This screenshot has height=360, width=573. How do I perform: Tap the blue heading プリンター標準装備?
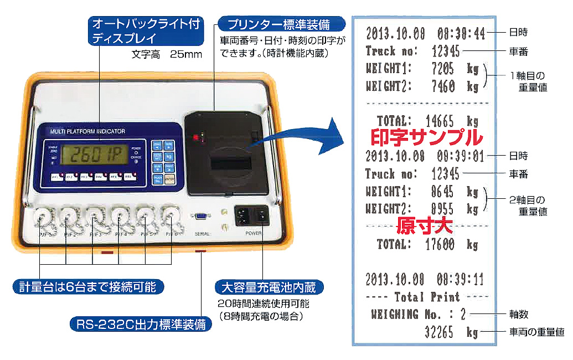coord(282,24)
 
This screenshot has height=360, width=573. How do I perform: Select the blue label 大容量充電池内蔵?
coord(269,287)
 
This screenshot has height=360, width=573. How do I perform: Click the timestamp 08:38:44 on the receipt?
coord(461,34)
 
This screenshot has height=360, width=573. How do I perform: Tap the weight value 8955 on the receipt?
coord(442,209)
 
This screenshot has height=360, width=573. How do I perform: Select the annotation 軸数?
coord(518,315)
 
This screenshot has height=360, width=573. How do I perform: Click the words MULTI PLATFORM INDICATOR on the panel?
coord(87,131)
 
